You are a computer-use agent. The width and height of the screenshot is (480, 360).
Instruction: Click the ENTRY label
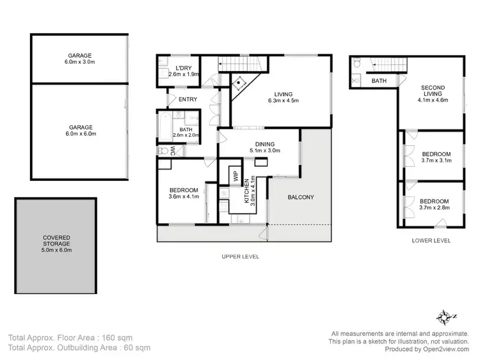[188, 99]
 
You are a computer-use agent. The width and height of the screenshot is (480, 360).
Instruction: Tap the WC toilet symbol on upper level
[164, 151]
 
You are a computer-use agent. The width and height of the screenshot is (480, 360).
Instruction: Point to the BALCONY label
[300, 197]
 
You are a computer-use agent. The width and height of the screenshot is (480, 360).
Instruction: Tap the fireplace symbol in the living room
[240, 82]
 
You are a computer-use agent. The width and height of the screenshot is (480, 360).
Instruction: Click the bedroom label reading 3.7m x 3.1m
[436, 157]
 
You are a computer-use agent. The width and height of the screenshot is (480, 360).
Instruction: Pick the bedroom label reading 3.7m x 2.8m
[436, 204]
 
